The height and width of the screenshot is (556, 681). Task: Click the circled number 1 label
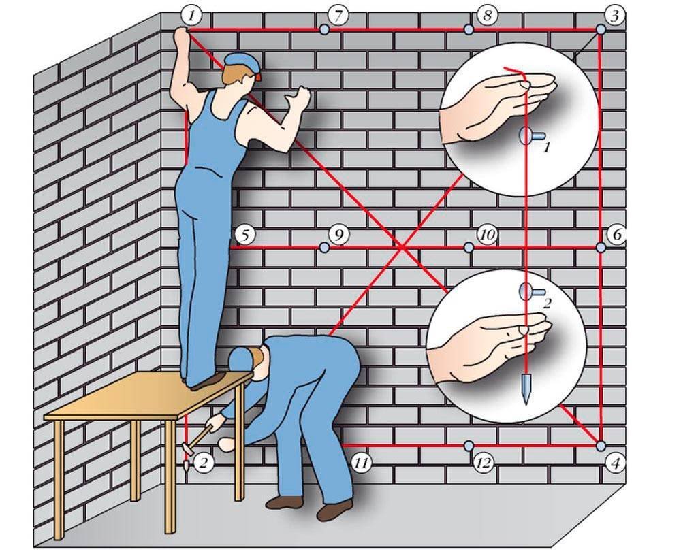[191, 17]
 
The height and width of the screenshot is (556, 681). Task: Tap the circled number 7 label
[338, 16]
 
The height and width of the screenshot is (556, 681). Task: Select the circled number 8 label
[486, 16]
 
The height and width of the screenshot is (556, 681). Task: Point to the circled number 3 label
[615, 17]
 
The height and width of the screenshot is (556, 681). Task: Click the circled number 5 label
[245, 235]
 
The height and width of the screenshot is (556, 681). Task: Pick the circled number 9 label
[338, 235]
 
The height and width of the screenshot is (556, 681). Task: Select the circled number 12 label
[484, 463]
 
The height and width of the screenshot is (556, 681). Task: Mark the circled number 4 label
[615, 464]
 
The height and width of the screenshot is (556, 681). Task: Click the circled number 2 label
[204, 463]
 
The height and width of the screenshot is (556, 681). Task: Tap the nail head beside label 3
[601, 29]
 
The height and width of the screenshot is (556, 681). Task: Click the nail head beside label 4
[601, 445]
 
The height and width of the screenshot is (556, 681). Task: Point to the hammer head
[188, 448]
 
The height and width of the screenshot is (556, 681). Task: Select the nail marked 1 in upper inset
[527, 136]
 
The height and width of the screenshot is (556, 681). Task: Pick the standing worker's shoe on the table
[208, 380]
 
